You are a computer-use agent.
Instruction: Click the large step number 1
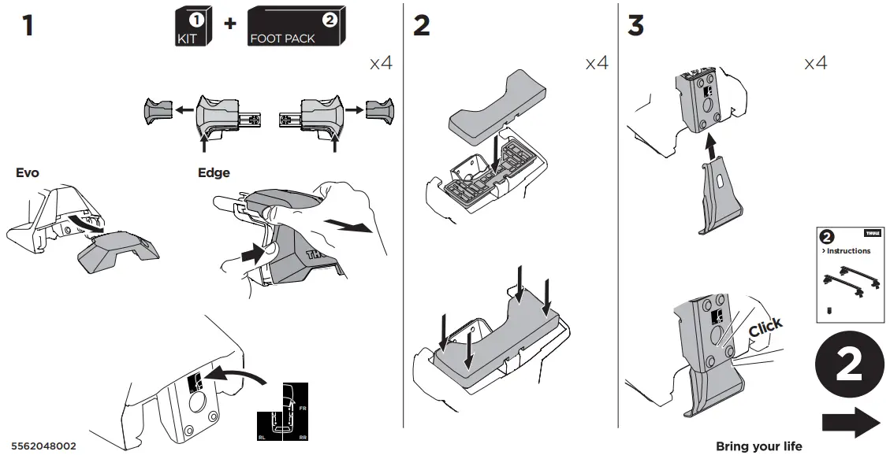28,25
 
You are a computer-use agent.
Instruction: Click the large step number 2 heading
422,25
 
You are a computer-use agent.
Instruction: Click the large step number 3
635,25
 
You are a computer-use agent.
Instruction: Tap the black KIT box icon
191,27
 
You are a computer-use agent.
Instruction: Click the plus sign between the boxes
229,23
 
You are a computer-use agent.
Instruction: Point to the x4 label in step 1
381,63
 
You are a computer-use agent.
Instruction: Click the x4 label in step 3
815,63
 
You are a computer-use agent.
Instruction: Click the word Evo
27,172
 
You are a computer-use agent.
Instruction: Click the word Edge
214,172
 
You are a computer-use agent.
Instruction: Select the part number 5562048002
44,446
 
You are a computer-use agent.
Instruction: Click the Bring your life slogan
758,446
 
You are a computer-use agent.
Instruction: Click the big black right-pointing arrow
851,422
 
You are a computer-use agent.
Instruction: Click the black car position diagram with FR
283,413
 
